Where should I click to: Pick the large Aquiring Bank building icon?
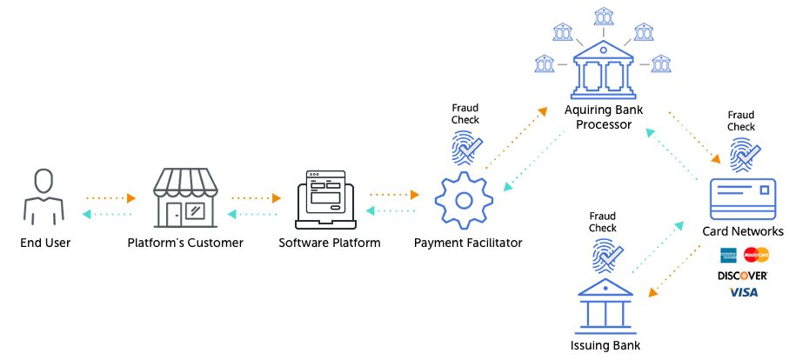pyautogui.click(x=602, y=76)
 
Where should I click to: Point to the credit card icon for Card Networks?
pyautogui.click(x=742, y=198)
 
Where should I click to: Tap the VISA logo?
pyautogui.click(x=743, y=292)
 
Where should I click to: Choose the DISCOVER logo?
pyautogui.click(x=742, y=275)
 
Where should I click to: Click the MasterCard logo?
pyautogui.click(x=756, y=255)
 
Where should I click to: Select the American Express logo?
pyautogui.click(x=729, y=255)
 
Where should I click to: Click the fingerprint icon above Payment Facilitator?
pyautogui.click(x=465, y=149)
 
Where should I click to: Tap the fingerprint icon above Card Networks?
pyautogui.click(x=742, y=156)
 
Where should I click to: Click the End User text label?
pyautogui.click(x=45, y=243)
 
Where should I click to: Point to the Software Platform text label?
pyautogui.click(x=329, y=243)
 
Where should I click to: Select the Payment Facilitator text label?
pyautogui.click(x=468, y=243)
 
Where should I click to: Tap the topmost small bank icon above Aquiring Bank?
pyautogui.click(x=602, y=17)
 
